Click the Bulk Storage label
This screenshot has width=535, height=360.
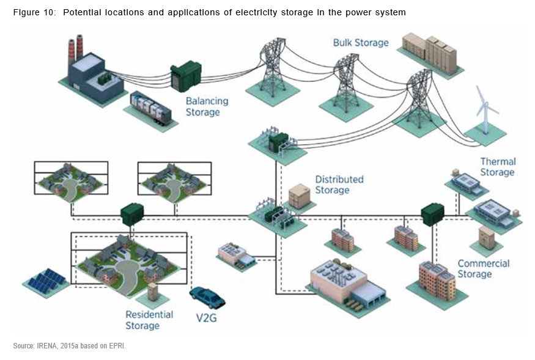click(361, 43)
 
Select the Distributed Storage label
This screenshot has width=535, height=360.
click(339, 184)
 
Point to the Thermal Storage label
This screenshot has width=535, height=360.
click(497, 167)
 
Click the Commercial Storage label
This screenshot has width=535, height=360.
click(483, 268)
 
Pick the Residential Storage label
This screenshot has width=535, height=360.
click(149, 320)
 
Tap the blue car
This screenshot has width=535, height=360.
click(207, 297)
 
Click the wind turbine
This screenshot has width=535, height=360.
click(486, 116)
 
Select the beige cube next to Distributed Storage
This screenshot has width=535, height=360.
click(300, 196)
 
